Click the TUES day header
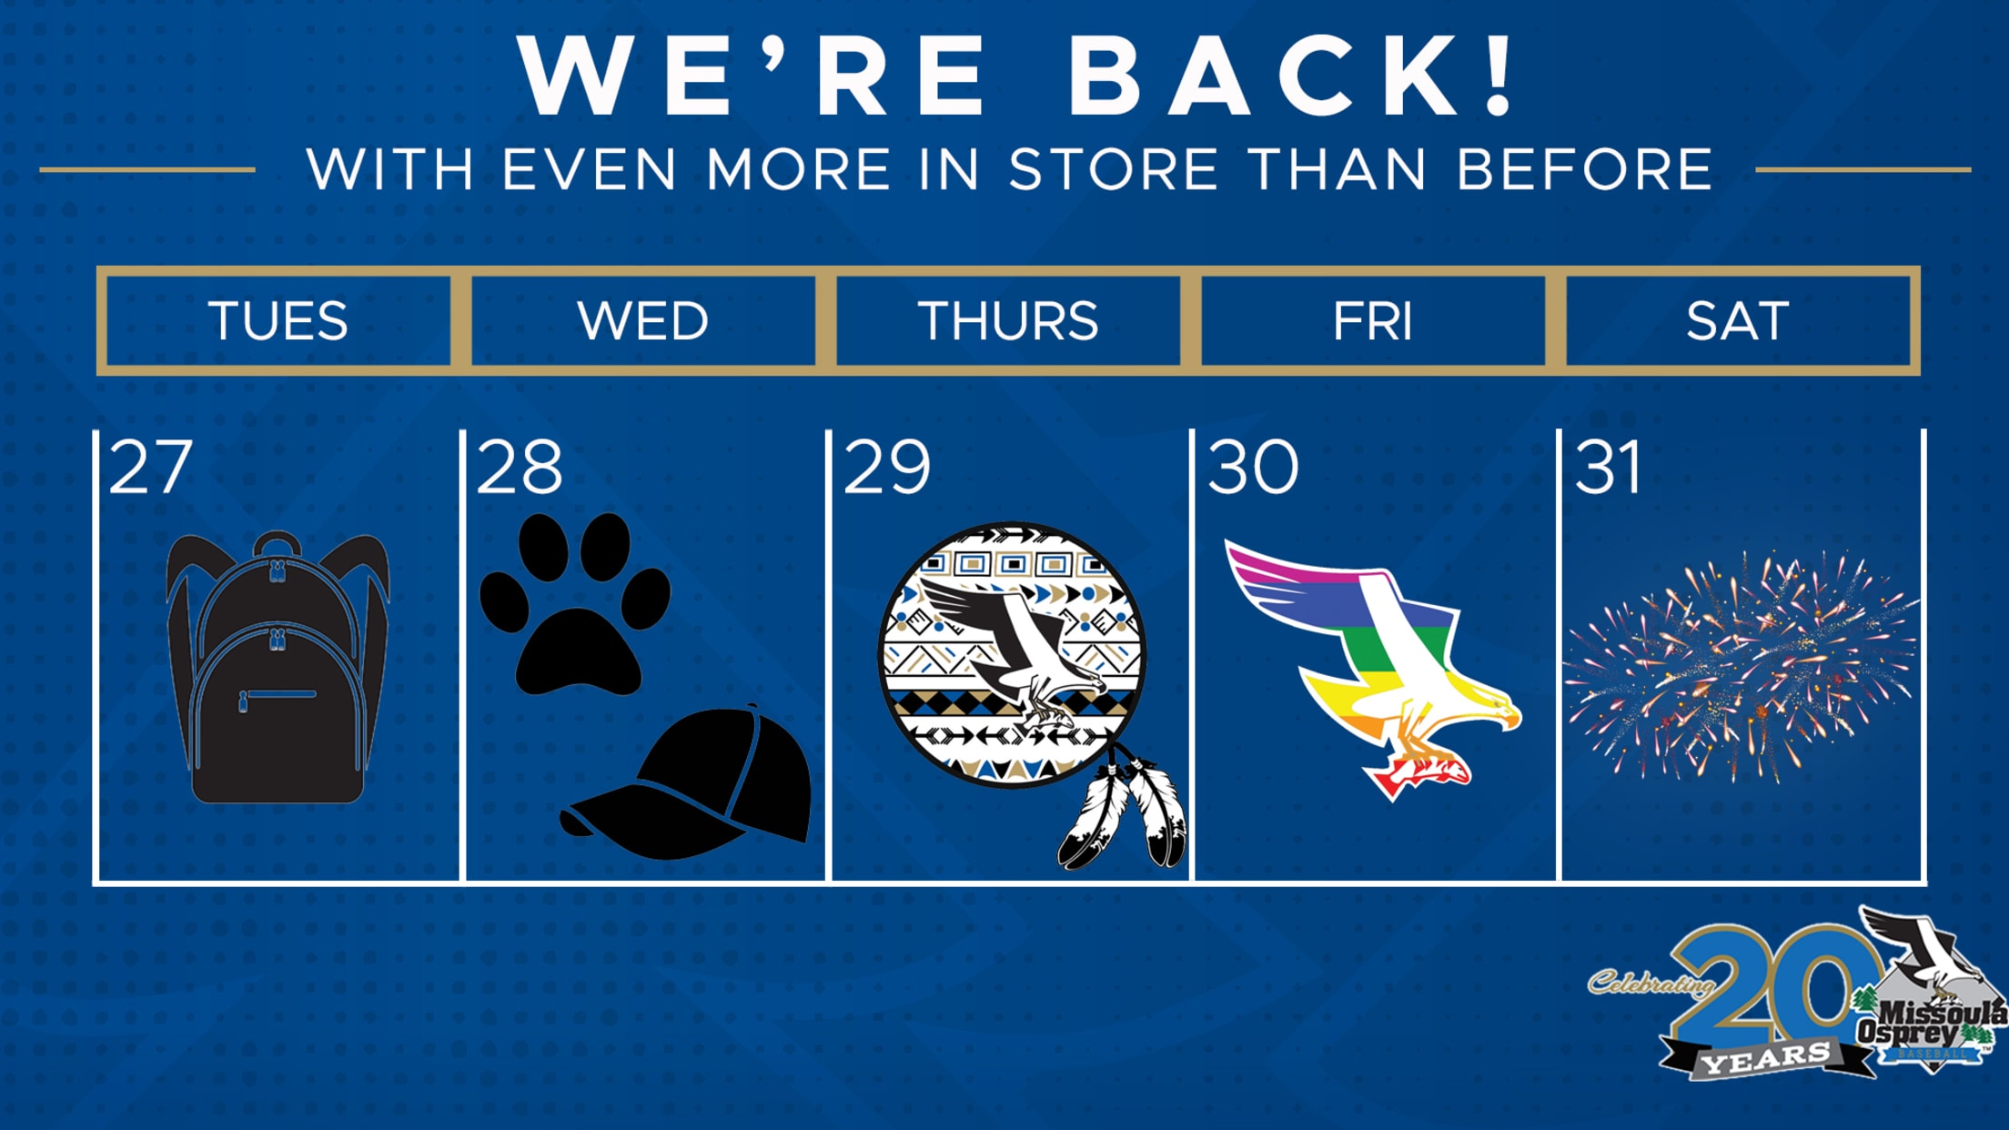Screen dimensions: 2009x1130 point(278,320)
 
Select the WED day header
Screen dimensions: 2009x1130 point(643,320)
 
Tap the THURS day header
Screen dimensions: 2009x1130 point(1008,320)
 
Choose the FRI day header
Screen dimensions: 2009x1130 point(1373,320)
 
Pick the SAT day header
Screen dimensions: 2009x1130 point(1738,320)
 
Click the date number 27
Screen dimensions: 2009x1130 point(151,468)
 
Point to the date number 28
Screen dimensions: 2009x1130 point(520,468)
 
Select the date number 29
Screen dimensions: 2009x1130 point(887,468)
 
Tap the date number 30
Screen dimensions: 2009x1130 point(1253,468)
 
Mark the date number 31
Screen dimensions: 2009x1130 point(1608,468)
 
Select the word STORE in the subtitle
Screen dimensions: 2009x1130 point(1114,169)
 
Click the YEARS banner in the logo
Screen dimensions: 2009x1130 point(1766,1058)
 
